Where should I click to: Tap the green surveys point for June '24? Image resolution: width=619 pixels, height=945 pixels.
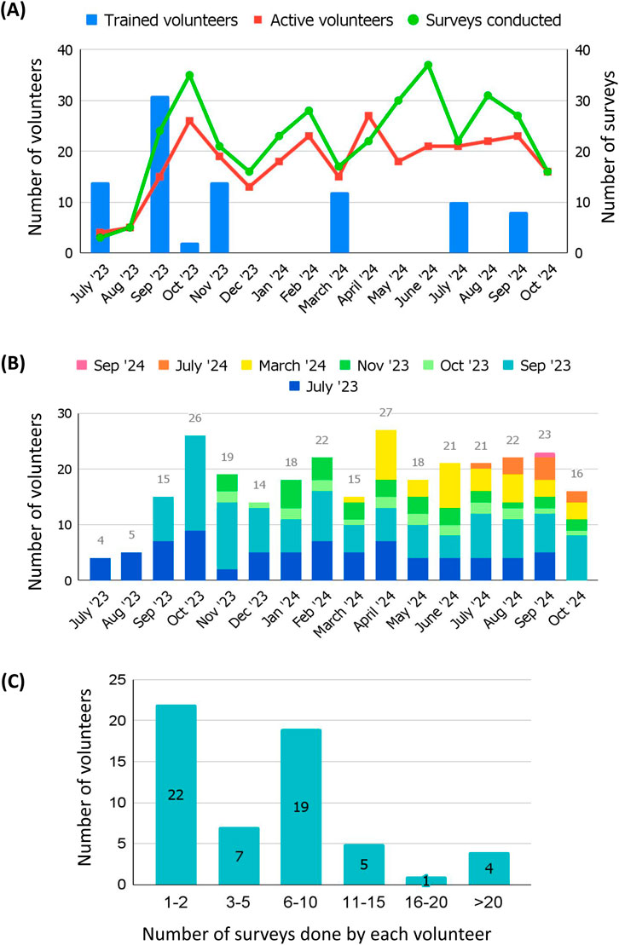tap(427, 65)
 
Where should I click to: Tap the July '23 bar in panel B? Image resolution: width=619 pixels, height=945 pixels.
tap(100, 569)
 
